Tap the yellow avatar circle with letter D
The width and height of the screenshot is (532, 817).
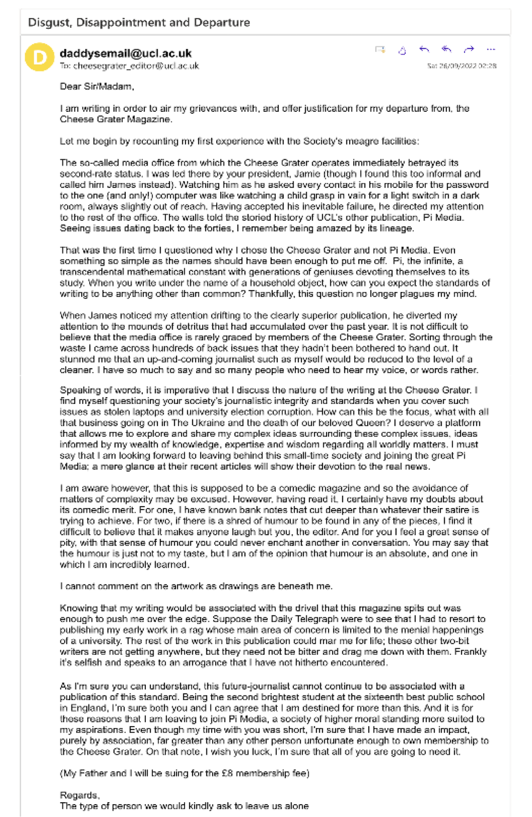40,57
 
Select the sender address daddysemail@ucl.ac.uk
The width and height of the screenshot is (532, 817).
125,53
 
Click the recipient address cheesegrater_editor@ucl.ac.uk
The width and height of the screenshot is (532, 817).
136,66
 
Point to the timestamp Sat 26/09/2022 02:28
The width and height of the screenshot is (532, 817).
462,66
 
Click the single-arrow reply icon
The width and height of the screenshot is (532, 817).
424,49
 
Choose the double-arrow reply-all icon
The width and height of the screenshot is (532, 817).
446,49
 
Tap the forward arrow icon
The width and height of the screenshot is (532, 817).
468,49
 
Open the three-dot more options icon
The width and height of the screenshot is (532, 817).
490,49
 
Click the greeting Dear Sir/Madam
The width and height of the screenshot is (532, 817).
97,87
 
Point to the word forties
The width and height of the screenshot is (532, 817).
209,228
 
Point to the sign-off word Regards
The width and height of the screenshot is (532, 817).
79,795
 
